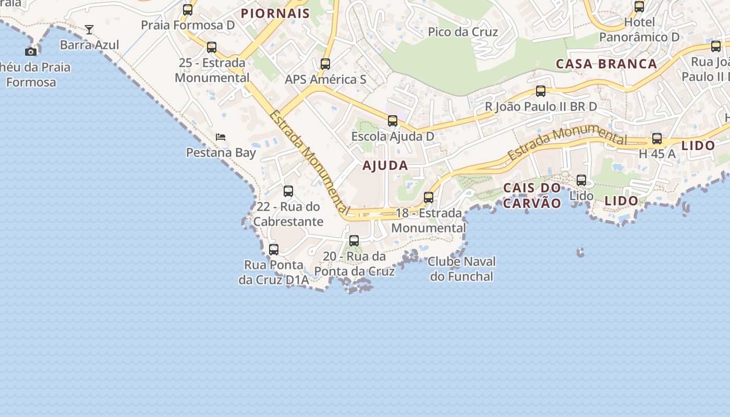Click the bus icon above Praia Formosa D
coord(188,9)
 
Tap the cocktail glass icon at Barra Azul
coord(89,30)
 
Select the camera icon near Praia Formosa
coord(31,52)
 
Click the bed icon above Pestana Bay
coord(221,137)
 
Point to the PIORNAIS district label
coord(275,14)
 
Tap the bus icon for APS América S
coord(325,64)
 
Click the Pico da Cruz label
coord(463,32)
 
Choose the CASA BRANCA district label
coord(606,64)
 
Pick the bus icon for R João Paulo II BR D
coord(541,91)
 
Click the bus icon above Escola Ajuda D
coord(393,121)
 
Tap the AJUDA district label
coord(385,166)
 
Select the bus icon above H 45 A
coord(657,139)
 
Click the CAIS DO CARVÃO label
coord(532,195)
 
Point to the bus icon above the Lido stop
coord(581,180)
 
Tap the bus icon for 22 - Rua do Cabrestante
coord(288,191)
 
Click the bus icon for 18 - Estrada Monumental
coord(429,198)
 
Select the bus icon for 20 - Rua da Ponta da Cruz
coord(354,241)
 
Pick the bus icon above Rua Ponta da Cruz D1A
coord(274,250)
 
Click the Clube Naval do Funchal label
coord(462,269)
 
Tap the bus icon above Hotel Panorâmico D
coord(639,7)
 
